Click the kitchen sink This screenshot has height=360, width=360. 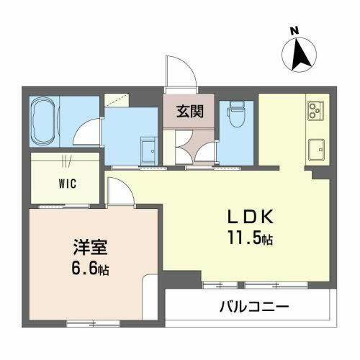pos(316,150)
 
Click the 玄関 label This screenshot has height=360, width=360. pos(189,112)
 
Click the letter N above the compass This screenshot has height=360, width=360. pos(293,30)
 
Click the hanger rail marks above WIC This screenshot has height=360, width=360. pos(66,160)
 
